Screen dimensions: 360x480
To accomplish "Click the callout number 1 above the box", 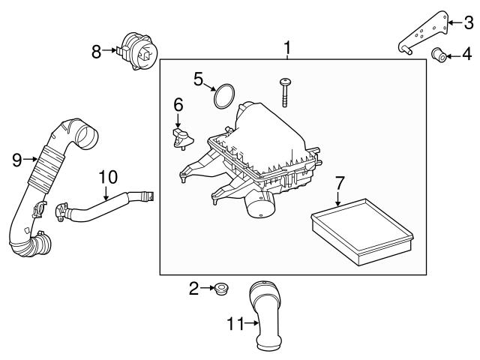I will click(x=287, y=49).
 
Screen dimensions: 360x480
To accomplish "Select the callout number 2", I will click(x=194, y=287).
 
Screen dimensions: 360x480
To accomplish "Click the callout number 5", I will click(x=199, y=77).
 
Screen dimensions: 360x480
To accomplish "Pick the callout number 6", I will click(x=178, y=103).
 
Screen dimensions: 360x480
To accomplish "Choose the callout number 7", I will click(x=339, y=182).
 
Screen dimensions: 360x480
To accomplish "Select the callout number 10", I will click(x=108, y=177).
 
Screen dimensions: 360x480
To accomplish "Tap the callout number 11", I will click(x=235, y=324).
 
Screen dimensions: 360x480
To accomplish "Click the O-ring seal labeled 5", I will click(x=223, y=96).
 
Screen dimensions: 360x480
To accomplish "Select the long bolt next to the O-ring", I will click(x=286, y=92).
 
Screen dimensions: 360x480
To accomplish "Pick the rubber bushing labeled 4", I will click(x=441, y=55).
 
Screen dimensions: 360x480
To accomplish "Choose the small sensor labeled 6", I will click(x=181, y=137).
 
